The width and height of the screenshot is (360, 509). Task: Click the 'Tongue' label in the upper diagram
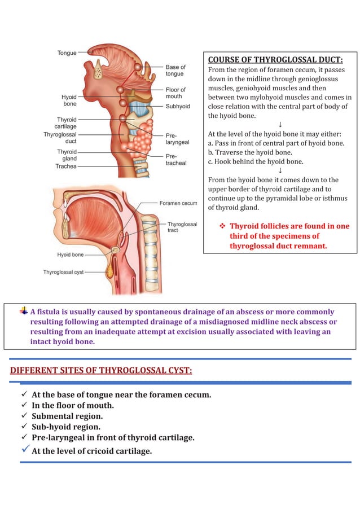[x=67, y=53]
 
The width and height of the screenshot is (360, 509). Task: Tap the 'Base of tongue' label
[x=175, y=71]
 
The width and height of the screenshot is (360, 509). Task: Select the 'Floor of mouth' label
[x=175, y=93]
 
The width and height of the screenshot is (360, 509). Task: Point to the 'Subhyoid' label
[x=178, y=106]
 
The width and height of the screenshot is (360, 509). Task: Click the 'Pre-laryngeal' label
[x=177, y=139]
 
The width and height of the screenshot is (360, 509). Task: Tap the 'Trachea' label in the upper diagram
[x=66, y=166]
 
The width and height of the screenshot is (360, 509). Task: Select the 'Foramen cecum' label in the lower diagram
[x=178, y=203]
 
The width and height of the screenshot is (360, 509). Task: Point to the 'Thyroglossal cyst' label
[x=63, y=272]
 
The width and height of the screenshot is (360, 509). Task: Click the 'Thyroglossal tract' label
[x=182, y=227]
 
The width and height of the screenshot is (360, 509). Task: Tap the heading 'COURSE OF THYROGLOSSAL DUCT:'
[x=275, y=60]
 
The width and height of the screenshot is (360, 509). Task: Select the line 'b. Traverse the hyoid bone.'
[x=250, y=152]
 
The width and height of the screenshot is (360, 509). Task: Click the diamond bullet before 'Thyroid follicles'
[x=222, y=226]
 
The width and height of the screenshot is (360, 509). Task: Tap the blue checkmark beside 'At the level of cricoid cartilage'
[x=25, y=449]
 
